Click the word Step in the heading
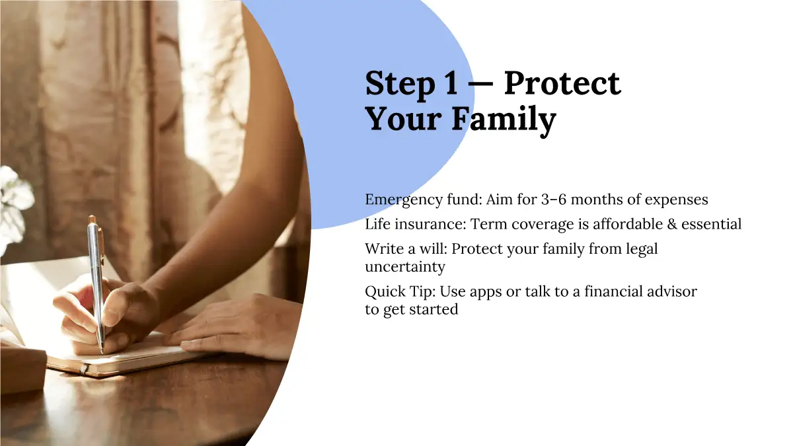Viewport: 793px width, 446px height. (x=400, y=85)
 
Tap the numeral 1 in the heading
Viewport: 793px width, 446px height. (x=451, y=83)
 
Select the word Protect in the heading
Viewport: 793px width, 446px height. (x=562, y=83)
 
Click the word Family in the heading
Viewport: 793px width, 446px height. (x=504, y=120)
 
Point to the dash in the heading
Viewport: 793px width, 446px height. (x=480, y=86)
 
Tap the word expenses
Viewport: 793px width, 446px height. (x=676, y=200)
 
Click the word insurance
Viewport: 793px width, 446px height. (x=430, y=224)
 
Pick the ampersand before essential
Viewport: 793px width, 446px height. (x=672, y=225)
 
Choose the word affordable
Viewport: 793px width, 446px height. (x=628, y=224)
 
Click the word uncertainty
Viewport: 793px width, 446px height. (x=405, y=267)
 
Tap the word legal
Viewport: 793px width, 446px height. (x=642, y=250)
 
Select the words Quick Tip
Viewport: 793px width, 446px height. (x=400, y=292)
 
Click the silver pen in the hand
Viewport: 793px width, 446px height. (x=96, y=283)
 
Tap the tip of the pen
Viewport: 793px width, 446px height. (x=102, y=352)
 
